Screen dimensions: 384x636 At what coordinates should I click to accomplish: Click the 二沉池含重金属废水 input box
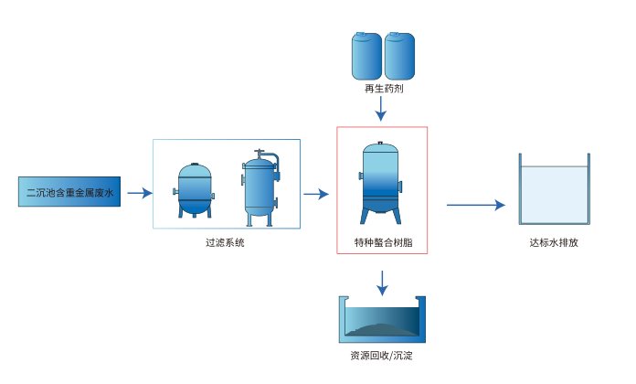(69, 193)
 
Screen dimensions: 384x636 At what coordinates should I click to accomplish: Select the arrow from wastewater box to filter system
(139, 193)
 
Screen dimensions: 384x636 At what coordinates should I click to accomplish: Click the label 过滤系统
(226, 242)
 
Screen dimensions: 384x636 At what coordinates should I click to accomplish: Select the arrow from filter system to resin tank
(315, 194)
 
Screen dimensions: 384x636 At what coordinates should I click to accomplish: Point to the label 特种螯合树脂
(382, 242)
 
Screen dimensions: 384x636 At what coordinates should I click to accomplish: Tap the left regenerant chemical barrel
(367, 56)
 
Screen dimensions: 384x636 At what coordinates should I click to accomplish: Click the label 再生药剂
(382, 90)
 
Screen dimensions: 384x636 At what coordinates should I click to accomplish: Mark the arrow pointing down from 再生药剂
(382, 110)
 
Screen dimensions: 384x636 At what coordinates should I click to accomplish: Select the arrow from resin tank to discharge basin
(475, 205)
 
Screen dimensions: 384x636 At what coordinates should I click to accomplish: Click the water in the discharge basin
(554, 194)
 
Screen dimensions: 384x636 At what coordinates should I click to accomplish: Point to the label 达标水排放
(554, 242)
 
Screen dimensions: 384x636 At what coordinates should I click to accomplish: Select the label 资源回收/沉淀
(383, 356)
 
